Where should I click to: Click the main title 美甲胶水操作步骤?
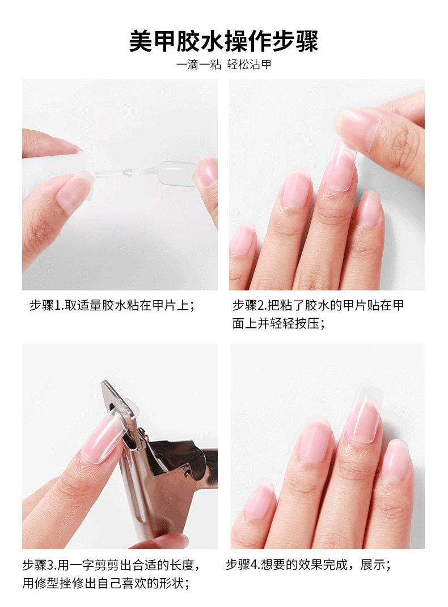(x=223, y=41)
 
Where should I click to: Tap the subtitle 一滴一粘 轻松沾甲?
(x=223, y=64)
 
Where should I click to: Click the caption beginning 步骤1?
(x=112, y=305)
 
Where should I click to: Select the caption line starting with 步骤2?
(x=318, y=305)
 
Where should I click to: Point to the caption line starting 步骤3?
(x=112, y=565)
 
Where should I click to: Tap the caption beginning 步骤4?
(x=308, y=565)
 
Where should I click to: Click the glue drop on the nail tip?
(x=126, y=172)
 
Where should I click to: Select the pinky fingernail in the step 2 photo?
(x=243, y=240)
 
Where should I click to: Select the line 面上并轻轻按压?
(x=278, y=323)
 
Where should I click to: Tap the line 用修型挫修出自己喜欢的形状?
(x=106, y=583)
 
